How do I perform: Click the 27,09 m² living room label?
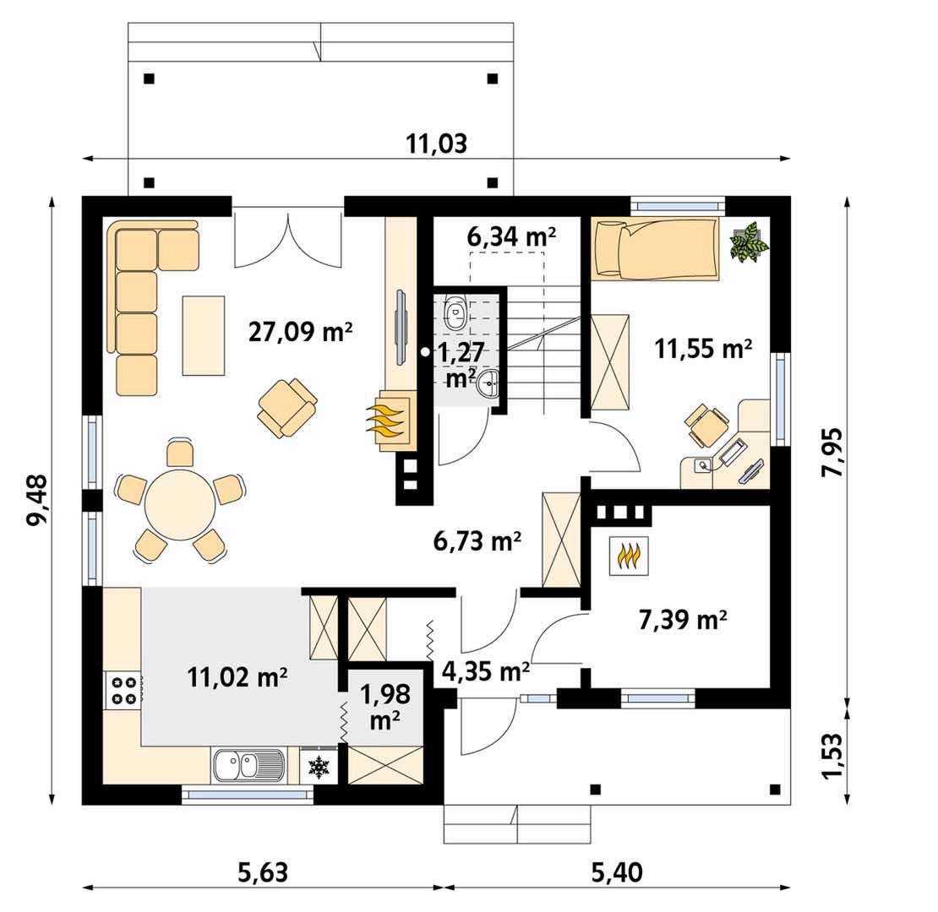click(300, 331)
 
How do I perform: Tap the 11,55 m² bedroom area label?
click(703, 348)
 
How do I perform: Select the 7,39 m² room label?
click(683, 621)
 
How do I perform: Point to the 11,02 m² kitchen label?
click(237, 678)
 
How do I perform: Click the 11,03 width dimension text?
click(437, 144)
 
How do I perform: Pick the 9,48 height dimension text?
click(36, 500)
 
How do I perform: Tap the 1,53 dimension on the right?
click(832, 756)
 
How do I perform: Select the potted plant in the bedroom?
click(749, 242)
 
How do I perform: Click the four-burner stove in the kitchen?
click(123, 690)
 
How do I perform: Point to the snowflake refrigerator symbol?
click(319, 768)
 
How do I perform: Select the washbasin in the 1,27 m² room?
click(489, 383)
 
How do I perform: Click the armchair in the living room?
click(287, 408)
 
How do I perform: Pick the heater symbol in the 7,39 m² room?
click(629, 556)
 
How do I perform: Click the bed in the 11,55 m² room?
click(654, 249)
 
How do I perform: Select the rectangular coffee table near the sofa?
click(204, 336)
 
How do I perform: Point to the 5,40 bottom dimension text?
click(618, 873)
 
